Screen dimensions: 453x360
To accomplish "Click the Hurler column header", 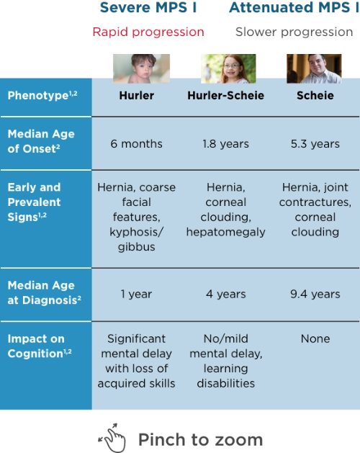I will click(136, 96).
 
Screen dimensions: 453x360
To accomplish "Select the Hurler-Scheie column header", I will click(225, 96).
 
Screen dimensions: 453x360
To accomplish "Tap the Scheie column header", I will click(315, 96).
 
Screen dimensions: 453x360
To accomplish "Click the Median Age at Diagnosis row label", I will click(41, 293).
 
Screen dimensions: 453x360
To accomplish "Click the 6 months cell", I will click(136, 143).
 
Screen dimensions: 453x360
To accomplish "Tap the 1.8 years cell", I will click(225, 143).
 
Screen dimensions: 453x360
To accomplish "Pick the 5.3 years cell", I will click(315, 143).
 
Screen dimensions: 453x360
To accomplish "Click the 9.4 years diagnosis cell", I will click(315, 294).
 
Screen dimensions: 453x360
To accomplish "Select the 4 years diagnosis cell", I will click(225, 294).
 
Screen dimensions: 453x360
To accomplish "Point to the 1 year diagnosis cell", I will click(136, 294).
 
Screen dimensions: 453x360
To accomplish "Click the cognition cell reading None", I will click(315, 338).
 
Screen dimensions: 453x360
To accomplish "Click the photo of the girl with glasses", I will click(225, 67).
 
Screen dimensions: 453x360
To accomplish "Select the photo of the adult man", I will click(314, 67).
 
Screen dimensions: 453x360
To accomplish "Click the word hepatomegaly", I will click(225, 232).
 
